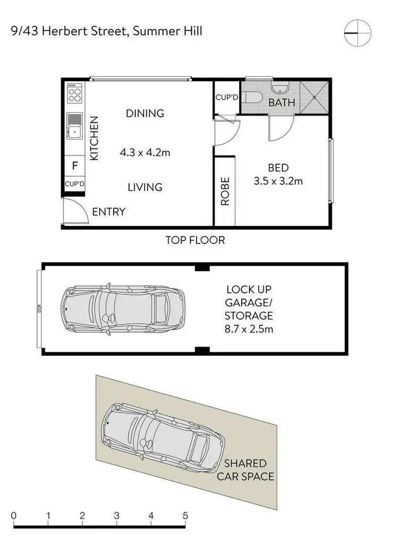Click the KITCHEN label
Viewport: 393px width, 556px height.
pyautogui.click(x=94, y=138)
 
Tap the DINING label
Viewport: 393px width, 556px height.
pyautogui.click(x=145, y=113)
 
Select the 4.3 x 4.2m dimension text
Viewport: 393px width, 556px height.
pyautogui.click(x=146, y=153)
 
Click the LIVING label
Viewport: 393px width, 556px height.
pyautogui.click(x=145, y=187)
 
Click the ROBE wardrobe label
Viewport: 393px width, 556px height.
pyautogui.click(x=225, y=191)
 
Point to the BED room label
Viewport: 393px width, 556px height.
pyautogui.click(x=278, y=168)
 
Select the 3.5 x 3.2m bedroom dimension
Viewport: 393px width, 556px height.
pyautogui.click(x=278, y=182)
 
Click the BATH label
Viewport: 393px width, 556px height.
pyautogui.click(x=281, y=103)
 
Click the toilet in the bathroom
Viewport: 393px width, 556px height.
pyautogui.click(x=255, y=98)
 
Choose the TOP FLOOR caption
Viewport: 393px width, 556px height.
pyautogui.click(x=195, y=241)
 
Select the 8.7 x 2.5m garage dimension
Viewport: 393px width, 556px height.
pyautogui.click(x=248, y=329)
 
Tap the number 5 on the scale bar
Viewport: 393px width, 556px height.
pyautogui.click(x=185, y=515)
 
